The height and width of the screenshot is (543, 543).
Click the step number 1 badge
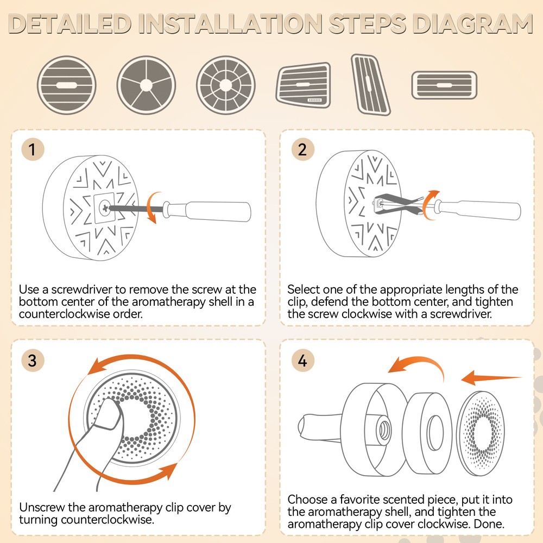(x=33, y=149)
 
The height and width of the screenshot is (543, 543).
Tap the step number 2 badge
(x=302, y=149)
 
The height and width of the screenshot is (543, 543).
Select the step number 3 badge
(x=33, y=360)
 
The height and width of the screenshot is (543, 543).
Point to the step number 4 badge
(x=302, y=360)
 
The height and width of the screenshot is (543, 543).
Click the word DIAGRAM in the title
(x=472, y=24)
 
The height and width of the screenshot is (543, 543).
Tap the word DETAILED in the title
(x=70, y=24)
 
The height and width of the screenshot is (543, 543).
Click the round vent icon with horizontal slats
(x=66, y=85)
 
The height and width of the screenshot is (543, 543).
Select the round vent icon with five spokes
(x=146, y=85)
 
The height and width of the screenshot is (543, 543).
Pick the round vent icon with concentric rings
(x=226, y=85)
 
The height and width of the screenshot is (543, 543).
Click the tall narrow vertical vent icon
(x=370, y=85)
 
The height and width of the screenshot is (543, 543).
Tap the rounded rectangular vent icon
(x=444, y=85)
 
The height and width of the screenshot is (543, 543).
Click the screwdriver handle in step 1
(x=218, y=211)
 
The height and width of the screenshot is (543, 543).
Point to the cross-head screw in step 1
(x=104, y=208)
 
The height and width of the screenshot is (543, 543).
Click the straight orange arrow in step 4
(x=492, y=378)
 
